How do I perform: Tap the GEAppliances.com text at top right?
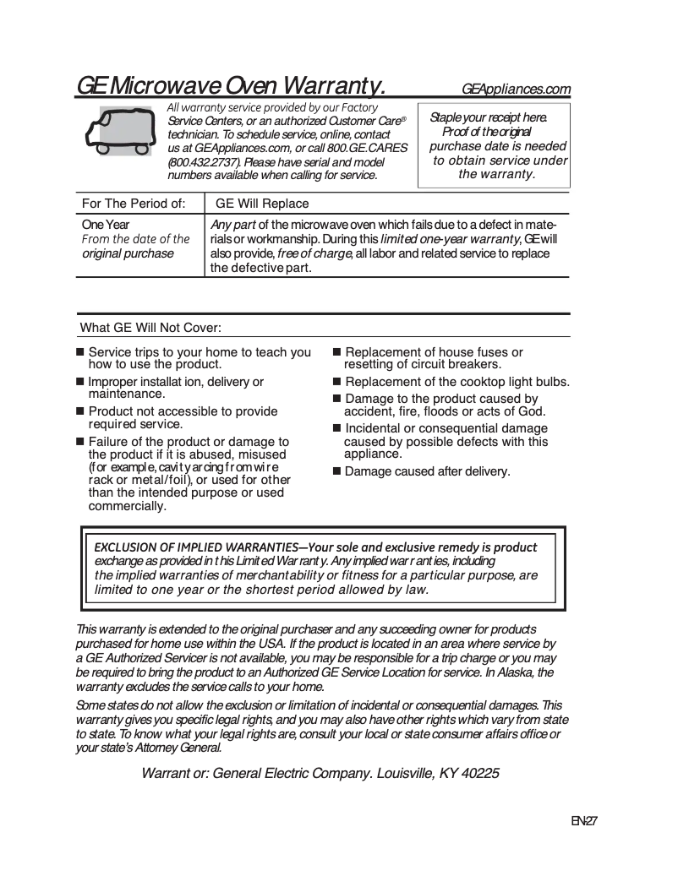[516, 90]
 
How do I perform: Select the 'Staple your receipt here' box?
[495, 145]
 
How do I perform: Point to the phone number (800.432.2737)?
[204, 161]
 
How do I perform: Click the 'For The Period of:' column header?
[133, 204]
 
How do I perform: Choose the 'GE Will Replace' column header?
[262, 204]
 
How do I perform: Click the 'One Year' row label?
[106, 225]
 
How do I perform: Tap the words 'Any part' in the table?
[232, 225]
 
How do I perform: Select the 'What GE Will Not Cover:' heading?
[150, 328]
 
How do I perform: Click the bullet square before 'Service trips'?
[81, 352]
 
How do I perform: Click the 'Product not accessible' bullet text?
[183, 417]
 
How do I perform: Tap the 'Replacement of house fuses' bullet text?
[433, 358]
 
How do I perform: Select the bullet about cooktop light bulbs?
[457, 382]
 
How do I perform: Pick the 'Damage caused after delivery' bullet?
[427, 471]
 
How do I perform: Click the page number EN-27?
[584, 821]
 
